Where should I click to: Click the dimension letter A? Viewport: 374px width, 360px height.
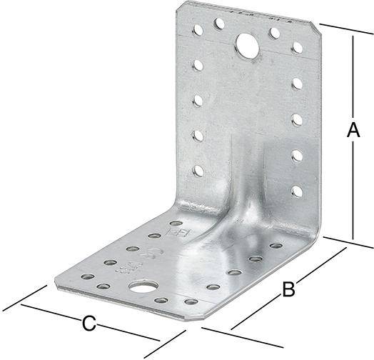[x=352, y=131]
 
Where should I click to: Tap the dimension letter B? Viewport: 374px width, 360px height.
[x=288, y=289]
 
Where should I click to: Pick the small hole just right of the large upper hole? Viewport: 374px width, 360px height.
[x=274, y=33]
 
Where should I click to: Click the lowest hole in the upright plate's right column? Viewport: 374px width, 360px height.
[x=297, y=191]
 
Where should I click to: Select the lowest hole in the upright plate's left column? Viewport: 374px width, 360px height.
[x=198, y=170]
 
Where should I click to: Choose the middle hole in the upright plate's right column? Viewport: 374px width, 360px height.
[x=297, y=119]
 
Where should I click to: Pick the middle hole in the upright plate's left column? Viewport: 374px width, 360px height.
[x=198, y=99]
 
